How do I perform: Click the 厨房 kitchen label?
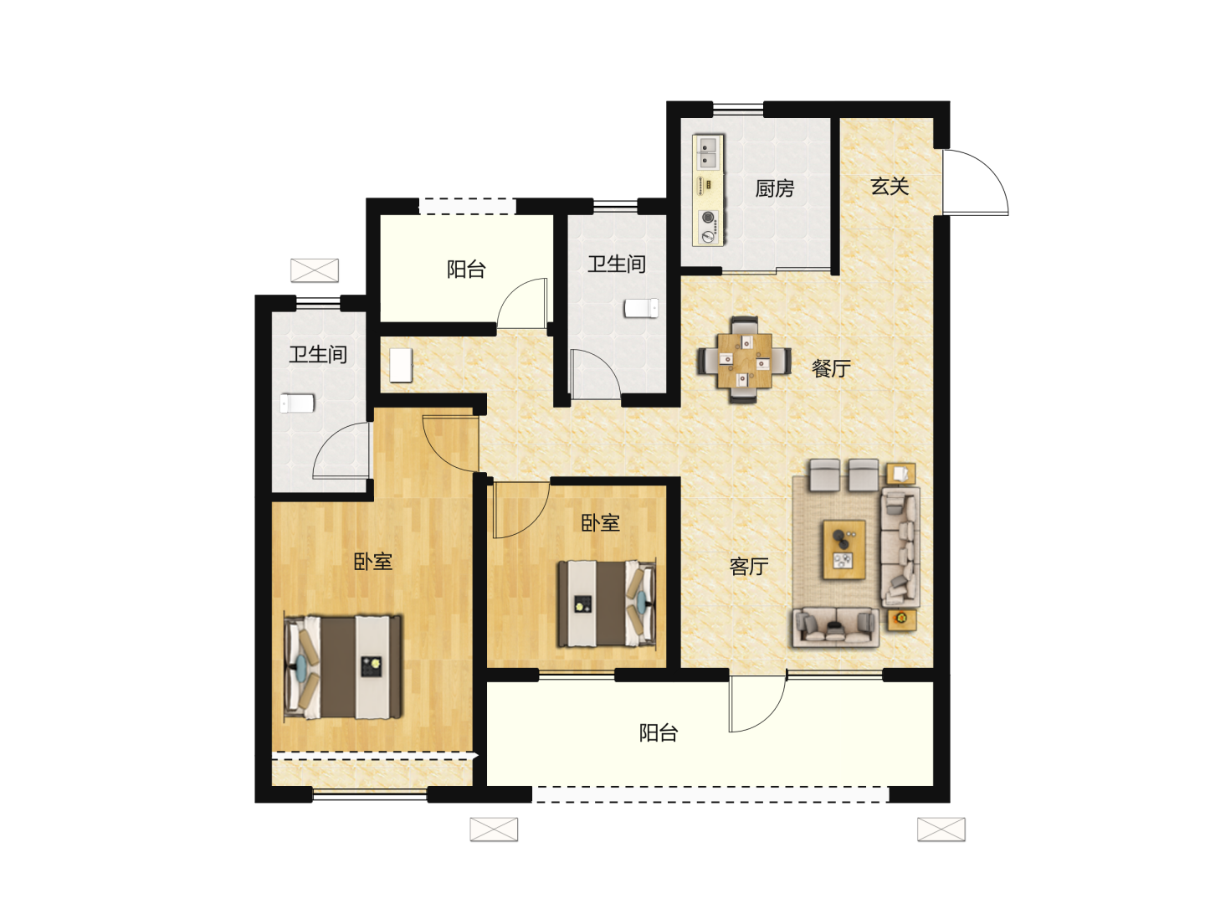[774, 189]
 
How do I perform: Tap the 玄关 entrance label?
[890, 187]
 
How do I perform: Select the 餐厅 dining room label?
[831, 368]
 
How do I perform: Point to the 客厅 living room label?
[749, 567]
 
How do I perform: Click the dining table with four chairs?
[745, 360]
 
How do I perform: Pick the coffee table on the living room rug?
[843, 550]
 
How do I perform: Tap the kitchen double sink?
[708, 152]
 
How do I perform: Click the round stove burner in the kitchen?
[709, 218]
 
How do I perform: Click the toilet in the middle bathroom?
[641, 308]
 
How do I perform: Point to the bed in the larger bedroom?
[343, 667]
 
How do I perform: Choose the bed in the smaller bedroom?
[607, 604]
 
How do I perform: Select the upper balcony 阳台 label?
[466, 270]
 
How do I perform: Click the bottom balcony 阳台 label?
[659, 732]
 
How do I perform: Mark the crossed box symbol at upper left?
[315, 270]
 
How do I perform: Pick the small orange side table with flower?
[901, 619]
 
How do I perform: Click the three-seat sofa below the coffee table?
[835, 627]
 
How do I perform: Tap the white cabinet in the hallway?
[401, 365]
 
